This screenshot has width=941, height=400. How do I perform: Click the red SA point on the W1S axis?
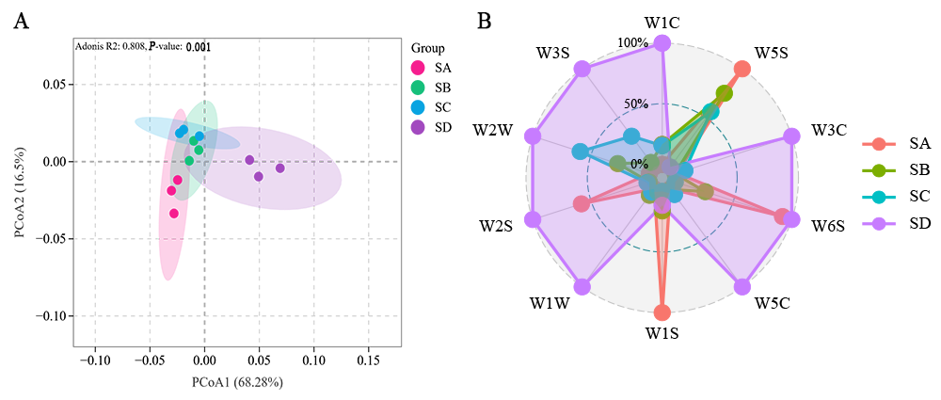tap(662, 312)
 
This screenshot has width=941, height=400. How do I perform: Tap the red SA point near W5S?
tap(742, 69)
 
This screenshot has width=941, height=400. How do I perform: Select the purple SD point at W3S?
tap(582, 69)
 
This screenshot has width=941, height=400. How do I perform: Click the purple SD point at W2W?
tap(533, 136)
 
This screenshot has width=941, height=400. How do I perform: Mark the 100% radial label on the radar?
tap(632, 43)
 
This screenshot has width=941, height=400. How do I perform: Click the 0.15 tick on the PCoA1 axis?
tap(369, 360)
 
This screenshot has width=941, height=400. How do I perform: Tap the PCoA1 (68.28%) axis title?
tap(237, 382)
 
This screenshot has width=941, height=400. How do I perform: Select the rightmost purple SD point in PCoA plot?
tap(279, 168)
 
